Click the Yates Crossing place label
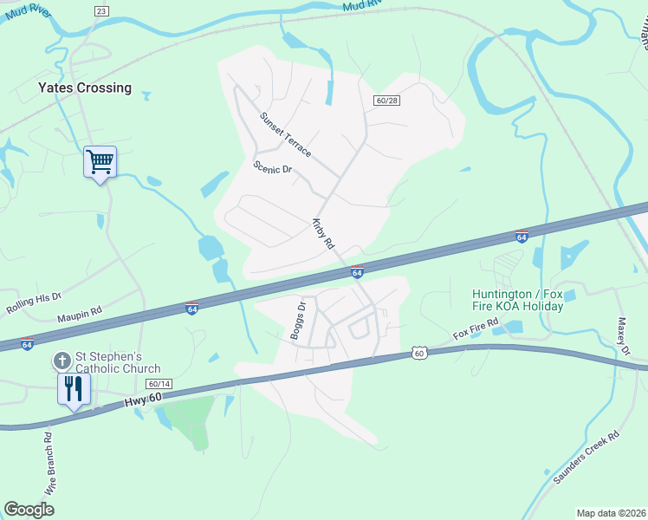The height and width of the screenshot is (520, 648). [x=85, y=88]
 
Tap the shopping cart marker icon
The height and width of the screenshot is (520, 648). [x=100, y=161]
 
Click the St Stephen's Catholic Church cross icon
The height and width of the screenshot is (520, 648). [x=62, y=360]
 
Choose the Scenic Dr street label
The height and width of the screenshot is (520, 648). [x=273, y=168]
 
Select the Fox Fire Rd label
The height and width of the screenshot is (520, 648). [x=476, y=329]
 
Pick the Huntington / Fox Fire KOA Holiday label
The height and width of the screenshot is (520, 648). [x=518, y=300]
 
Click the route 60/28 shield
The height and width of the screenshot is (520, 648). [x=386, y=101]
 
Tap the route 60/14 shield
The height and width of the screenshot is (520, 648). [x=159, y=383]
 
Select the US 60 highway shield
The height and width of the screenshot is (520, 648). [x=419, y=353]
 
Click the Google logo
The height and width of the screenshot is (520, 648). [x=29, y=509]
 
